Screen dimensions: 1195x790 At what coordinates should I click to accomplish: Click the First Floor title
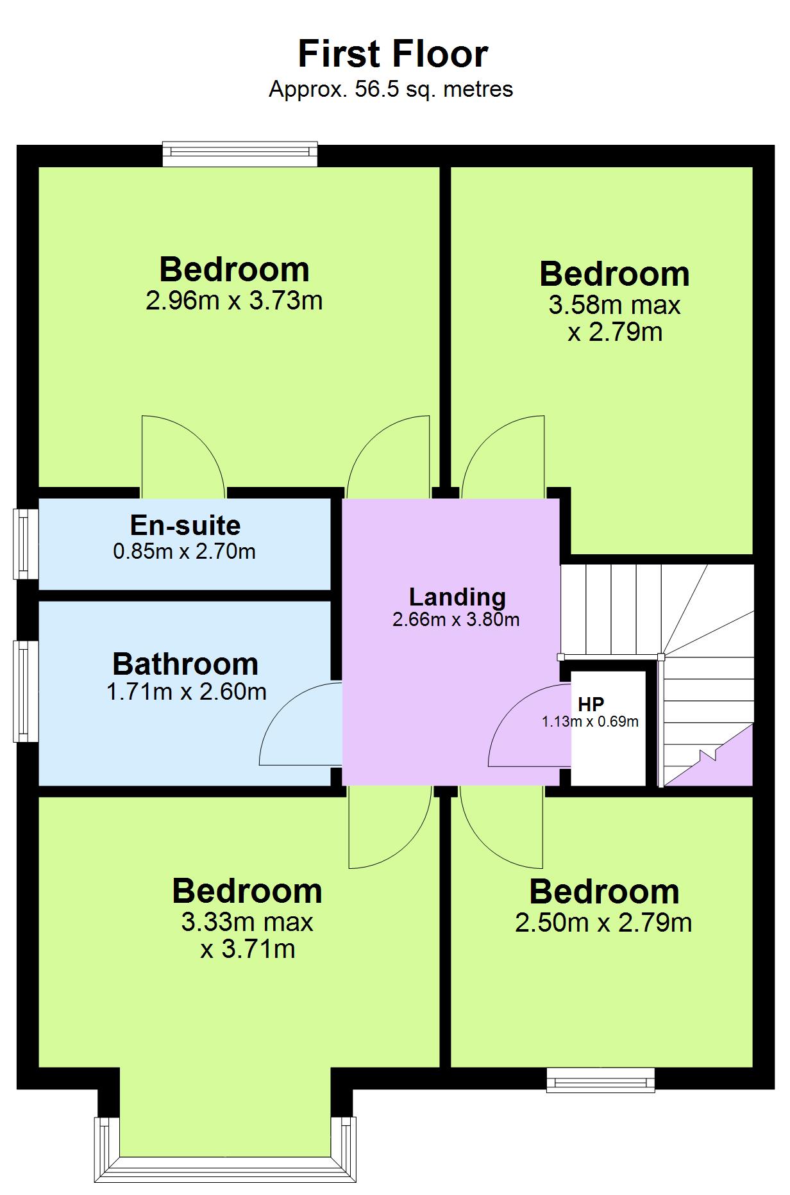[393, 54]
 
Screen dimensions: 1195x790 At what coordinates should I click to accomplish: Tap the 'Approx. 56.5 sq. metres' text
[391, 89]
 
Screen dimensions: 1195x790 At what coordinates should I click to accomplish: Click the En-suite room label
[185, 525]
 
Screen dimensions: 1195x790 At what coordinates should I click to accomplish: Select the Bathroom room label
[185, 664]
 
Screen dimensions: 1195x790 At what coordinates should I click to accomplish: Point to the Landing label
[457, 597]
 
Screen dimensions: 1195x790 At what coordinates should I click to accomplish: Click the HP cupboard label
[591, 704]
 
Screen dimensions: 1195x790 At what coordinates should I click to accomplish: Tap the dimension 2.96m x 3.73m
[234, 301]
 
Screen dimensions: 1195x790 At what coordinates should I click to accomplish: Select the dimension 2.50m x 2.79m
[603, 923]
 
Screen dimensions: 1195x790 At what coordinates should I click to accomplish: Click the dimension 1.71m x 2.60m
[186, 692]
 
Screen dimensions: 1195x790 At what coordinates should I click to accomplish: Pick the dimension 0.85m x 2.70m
[185, 551]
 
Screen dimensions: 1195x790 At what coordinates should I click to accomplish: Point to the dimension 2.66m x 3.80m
[456, 620]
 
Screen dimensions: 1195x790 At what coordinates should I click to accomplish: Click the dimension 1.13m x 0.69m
[590, 721]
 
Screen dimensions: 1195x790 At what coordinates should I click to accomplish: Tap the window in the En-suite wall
[25, 544]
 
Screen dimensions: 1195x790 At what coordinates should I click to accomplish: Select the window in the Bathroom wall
[25, 691]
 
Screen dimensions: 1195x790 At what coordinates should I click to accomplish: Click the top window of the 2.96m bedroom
[240, 153]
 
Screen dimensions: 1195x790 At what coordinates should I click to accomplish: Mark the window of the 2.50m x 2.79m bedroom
[600, 1080]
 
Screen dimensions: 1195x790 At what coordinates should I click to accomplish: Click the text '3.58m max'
[614, 305]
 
